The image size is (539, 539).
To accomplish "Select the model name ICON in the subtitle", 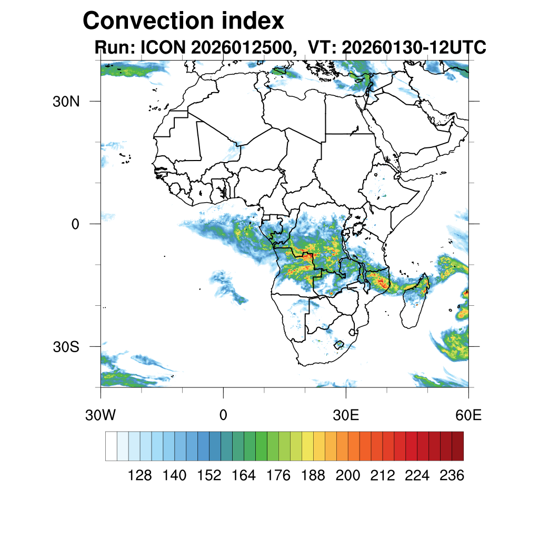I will tap(162, 48).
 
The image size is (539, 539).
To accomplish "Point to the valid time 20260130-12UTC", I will tap(413, 48).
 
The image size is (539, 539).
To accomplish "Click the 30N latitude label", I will tap(66, 102).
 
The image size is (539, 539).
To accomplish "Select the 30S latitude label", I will tap(66, 347).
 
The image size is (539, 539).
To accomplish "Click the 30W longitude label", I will tap(100, 415).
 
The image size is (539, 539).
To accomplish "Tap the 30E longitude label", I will tap(346, 415).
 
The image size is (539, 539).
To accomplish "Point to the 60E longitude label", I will tap(468, 415).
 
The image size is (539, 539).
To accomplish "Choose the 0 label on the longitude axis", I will tap(223, 415).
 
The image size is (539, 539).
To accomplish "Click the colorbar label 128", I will tap(140, 476).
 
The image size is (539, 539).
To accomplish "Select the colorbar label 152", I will tap(209, 476).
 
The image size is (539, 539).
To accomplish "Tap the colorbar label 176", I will tap(278, 476).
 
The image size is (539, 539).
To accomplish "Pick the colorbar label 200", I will tap(348, 476).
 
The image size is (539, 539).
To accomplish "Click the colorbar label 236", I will tap(452, 476).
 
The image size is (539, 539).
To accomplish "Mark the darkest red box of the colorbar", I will tap(457, 446).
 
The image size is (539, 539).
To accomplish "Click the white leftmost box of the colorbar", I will tap(111, 446).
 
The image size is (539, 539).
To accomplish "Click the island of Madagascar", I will tap(413, 308).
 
